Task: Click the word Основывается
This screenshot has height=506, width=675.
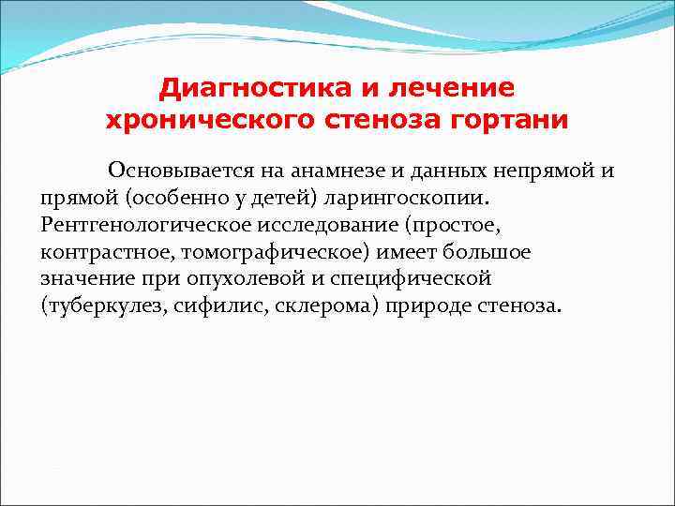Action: tap(181, 171)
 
